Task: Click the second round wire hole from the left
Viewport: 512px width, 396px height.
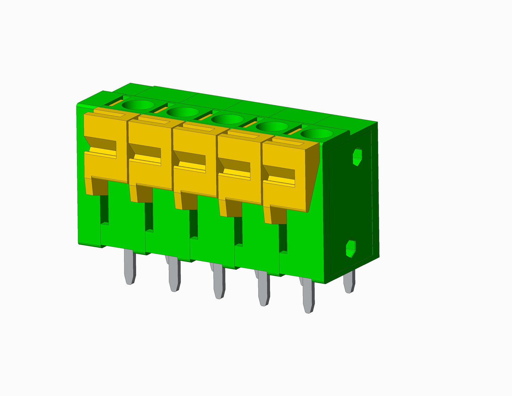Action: [183, 112]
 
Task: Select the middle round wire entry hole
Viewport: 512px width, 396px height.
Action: [228, 119]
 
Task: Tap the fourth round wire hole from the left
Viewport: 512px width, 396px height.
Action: [272, 126]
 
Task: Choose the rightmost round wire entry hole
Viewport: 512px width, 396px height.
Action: [316, 134]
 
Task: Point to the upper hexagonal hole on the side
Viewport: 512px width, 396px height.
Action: [357, 156]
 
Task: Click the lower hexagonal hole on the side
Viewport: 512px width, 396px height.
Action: [351, 249]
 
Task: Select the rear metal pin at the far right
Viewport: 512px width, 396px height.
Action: [349, 282]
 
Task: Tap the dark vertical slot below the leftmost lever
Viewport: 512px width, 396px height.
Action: [104, 209]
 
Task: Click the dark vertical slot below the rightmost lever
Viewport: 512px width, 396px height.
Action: [283, 238]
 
